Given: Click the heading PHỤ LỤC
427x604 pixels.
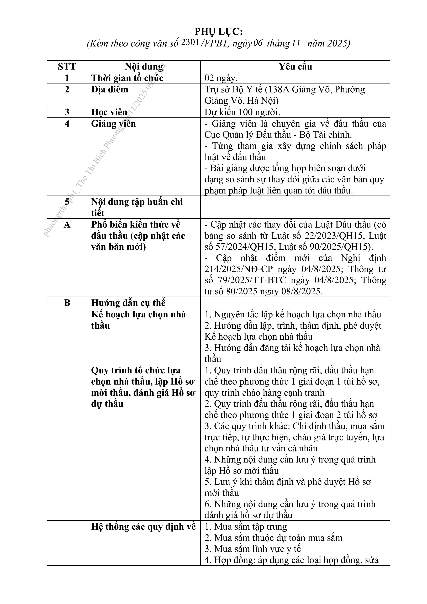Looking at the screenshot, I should [x=218, y=32].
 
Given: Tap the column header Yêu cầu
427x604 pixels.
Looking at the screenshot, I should [x=295, y=66].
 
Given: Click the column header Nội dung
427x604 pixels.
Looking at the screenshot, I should [x=144, y=66].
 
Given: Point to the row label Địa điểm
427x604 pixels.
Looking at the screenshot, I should [x=110, y=90].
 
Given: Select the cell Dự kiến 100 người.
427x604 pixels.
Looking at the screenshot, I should [x=242, y=112].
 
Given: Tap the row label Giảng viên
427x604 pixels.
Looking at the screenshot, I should [x=113, y=124].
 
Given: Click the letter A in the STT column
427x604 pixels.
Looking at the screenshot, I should [x=67, y=225].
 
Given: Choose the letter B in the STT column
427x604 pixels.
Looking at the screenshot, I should [x=67, y=303].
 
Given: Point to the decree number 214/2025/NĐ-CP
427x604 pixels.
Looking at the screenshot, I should [x=239, y=269].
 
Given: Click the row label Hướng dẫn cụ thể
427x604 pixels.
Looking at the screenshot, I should [x=128, y=303].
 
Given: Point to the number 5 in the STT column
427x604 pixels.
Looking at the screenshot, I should [x=67, y=202].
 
